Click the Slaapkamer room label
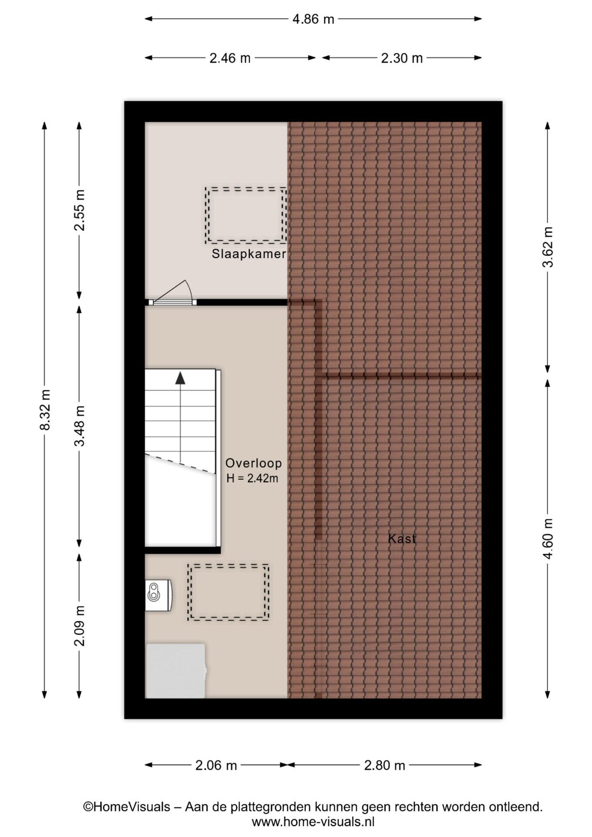pyautogui.click(x=249, y=254)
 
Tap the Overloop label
pyautogui.click(x=253, y=463)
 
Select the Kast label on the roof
pyautogui.click(x=402, y=538)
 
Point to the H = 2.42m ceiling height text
pyautogui.click(x=252, y=478)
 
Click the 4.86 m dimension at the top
pyautogui.click(x=313, y=19)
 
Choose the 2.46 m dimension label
pyautogui.click(x=230, y=58)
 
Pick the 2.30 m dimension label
pyautogui.click(x=402, y=58)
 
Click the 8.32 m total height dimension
pyautogui.click(x=45, y=410)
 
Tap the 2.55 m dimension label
pyautogui.click(x=80, y=210)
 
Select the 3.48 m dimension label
pyautogui.click(x=80, y=426)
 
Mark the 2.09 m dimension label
pyautogui.click(x=80, y=626)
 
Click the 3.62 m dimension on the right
pyautogui.click(x=548, y=247)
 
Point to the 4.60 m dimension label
pyautogui.click(x=548, y=538)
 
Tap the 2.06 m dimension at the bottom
pyautogui.click(x=216, y=765)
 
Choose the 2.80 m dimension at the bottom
pyautogui.click(x=384, y=765)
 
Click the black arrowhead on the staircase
pyautogui.click(x=180, y=378)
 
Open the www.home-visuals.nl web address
pyautogui.click(x=313, y=822)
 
